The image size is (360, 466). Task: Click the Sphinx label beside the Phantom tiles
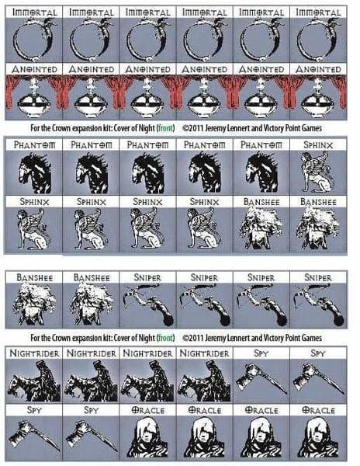pyautogui.click(x=318, y=145)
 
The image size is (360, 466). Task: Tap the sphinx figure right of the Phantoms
pyautogui.click(x=318, y=172)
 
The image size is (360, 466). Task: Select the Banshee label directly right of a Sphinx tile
pyautogui.click(x=261, y=202)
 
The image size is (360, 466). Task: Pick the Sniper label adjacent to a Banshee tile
pyautogui.click(x=147, y=277)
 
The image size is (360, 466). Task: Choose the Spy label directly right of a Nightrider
pyautogui.click(x=261, y=353)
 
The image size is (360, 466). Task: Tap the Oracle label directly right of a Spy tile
pyautogui.click(x=147, y=410)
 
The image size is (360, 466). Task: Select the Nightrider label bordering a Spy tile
pyautogui.click(x=205, y=353)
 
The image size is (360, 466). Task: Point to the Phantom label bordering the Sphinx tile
pyautogui.click(x=261, y=145)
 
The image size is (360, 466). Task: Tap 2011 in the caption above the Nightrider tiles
pyautogui.click(x=196, y=338)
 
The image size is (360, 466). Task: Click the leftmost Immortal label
pyautogui.click(x=34, y=12)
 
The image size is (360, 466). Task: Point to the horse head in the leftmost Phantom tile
pyautogui.click(x=35, y=172)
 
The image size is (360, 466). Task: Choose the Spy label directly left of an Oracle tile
pyautogui.click(x=91, y=410)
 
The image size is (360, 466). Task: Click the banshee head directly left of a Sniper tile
pyautogui.click(x=92, y=304)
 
